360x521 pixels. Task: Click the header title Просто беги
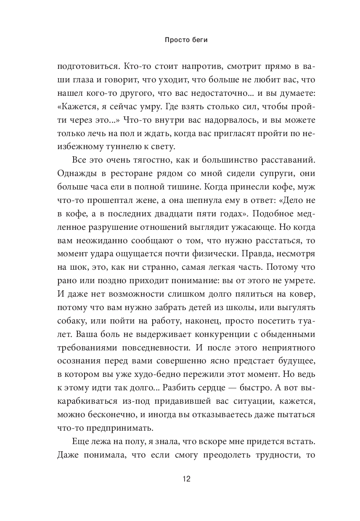(x=180, y=41)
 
